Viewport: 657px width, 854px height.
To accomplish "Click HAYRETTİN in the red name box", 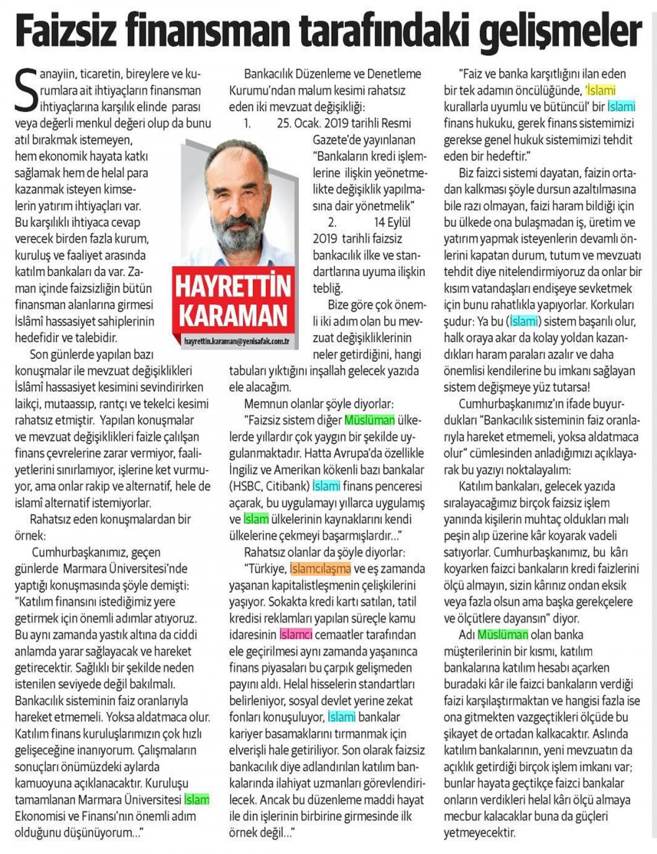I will pyautogui.click(x=234, y=285).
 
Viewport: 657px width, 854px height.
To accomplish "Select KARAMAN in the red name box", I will pyautogui.click(x=234, y=314).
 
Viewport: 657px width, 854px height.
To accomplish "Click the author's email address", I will pyautogui.click(x=237, y=341).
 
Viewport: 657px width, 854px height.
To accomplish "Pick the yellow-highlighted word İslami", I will pyautogui.click(x=600, y=90).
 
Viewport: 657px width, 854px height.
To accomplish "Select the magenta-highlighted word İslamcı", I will pyautogui.click(x=297, y=634).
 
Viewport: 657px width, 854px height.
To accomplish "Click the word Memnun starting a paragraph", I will pyautogui.click(x=265, y=403).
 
